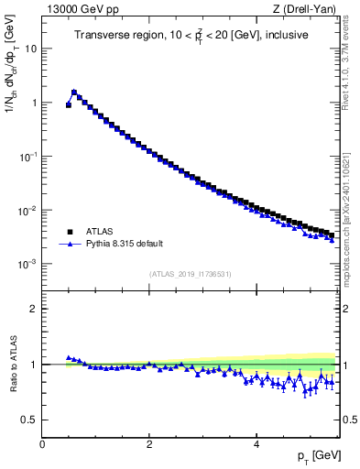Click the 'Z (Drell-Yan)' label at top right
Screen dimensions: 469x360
click(308, 9)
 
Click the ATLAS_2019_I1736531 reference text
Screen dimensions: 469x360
click(191, 274)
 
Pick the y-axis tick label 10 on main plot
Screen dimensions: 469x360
click(31, 49)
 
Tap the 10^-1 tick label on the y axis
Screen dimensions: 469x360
click(29, 157)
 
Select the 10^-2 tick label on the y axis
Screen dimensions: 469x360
click(29, 211)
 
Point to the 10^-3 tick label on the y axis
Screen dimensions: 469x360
click(29, 264)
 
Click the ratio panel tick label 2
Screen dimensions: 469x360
click(34, 309)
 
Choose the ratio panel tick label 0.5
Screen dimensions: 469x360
click(30, 420)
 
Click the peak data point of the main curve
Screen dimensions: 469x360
click(74, 92)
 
